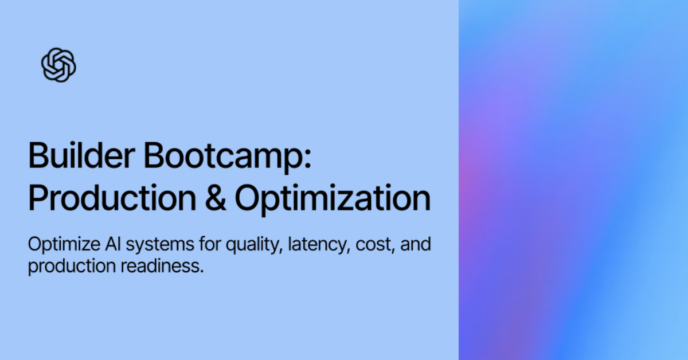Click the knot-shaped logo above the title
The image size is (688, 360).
click(x=58, y=64)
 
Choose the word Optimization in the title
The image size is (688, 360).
click(x=333, y=198)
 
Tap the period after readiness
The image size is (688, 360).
click(x=202, y=271)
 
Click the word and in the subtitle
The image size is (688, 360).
click(x=416, y=245)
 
